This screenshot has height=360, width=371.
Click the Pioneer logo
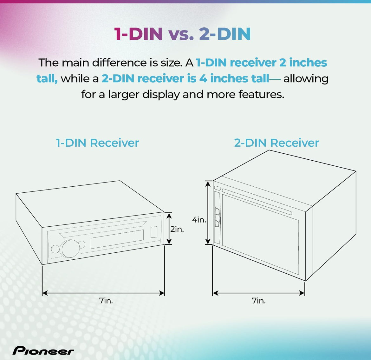coord(43,350)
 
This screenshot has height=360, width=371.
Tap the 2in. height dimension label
coord(177,229)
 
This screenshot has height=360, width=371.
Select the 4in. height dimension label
coord(199,220)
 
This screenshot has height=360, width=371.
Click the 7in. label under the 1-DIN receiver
coord(106,301)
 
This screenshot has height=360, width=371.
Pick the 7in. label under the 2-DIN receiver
coord(259,301)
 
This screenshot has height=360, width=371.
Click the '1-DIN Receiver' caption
coord(97,143)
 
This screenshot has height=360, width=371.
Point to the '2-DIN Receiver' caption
coord(277,143)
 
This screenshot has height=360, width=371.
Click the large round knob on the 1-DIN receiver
coord(69,249)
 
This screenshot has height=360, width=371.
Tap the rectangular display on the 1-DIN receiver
coord(117,239)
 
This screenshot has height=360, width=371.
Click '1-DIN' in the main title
coord(139,34)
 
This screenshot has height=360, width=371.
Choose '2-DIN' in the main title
coord(225,34)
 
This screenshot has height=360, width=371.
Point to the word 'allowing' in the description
coord(306,78)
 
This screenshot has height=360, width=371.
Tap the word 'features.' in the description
coord(261,94)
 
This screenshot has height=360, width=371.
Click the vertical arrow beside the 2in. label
coord(169,228)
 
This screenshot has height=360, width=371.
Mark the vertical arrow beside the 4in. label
coord(208,212)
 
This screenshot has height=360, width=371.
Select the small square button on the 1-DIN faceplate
coord(154,232)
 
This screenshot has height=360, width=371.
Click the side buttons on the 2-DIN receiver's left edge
coord(217,217)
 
